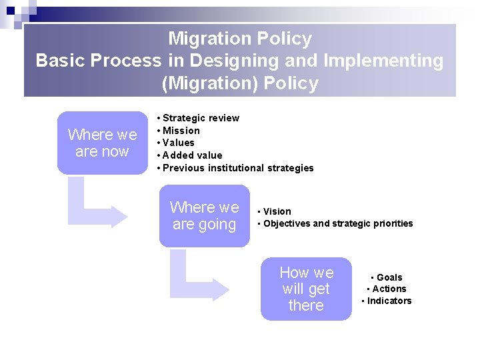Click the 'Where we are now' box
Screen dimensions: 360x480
pyautogui.click(x=102, y=143)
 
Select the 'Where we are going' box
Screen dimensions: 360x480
pyautogui.click(x=204, y=216)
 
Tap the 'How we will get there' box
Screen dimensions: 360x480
pyautogui.click(x=306, y=289)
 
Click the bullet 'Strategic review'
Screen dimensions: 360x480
pyautogui.click(x=201, y=118)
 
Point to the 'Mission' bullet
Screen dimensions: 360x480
pyautogui.click(x=181, y=131)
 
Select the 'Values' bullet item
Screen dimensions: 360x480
pyautogui.click(x=178, y=143)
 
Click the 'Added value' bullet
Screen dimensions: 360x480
pyautogui.click(x=192, y=155)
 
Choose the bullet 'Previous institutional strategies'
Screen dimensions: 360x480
pyautogui.click(x=237, y=168)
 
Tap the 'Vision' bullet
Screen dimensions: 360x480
pyautogui.click(x=277, y=211)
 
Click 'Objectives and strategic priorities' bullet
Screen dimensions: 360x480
pyautogui.click(x=338, y=223)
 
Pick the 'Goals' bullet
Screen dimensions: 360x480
pyautogui.click(x=389, y=277)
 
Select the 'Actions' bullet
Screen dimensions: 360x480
pyautogui.click(x=389, y=289)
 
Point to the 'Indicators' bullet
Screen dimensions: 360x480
pyautogui.click(x=389, y=301)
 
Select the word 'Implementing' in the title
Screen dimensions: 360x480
pyautogui.click(x=383, y=61)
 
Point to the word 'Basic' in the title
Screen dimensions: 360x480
pyautogui.click(x=62, y=61)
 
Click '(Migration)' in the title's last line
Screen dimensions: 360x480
pyautogui.click(x=209, y=83)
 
